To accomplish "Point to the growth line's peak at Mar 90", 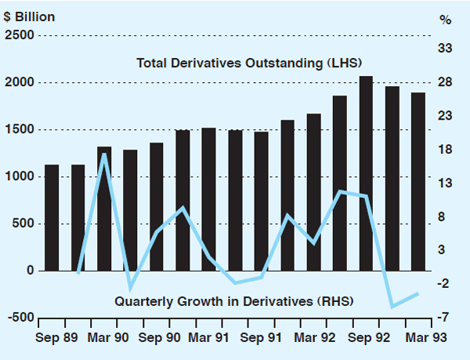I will (x=104, y=154).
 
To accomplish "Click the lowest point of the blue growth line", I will (x=392, y=306).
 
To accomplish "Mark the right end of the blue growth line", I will (x=418, y=293).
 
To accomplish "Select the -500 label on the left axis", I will (x=19, y=318).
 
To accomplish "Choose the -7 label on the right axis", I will (x=445, y=318).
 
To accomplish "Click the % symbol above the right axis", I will (x=445, y=20).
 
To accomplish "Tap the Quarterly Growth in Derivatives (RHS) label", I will (x=235, y=301).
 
